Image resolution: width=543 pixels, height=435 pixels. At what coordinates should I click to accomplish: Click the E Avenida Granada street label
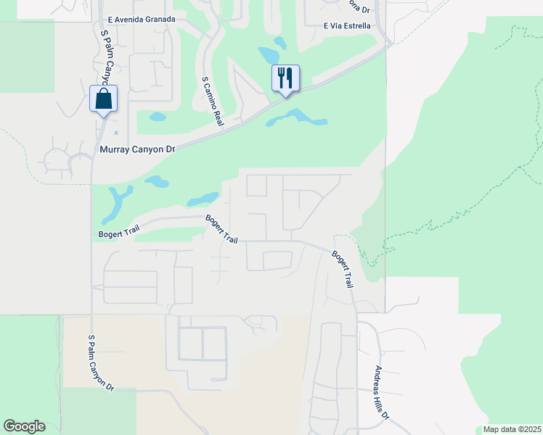click(x=141, y=19)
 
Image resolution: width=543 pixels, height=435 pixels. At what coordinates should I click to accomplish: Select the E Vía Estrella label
click(x=347, y=26)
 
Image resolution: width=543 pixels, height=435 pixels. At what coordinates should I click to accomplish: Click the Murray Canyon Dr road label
click(x=137, y=149)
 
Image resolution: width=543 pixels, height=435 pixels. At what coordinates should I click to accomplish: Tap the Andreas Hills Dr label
click(x=382, y=394)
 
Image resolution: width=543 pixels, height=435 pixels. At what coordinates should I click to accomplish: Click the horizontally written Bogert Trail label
click(x=118, y=233)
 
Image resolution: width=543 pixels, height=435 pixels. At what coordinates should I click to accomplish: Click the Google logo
click(x=24, y=426)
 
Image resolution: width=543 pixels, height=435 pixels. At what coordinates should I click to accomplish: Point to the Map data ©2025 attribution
click(x=512, y=429)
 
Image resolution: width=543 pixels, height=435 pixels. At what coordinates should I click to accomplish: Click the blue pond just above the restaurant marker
click(x=269, y=55)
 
